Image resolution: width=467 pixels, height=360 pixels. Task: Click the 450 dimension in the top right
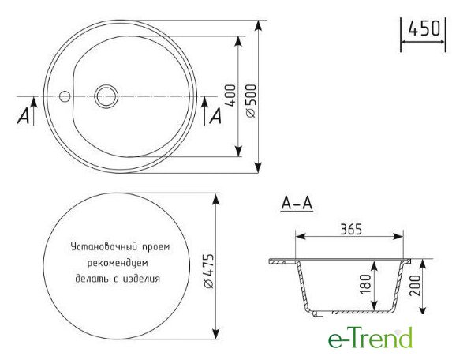click(424, 29)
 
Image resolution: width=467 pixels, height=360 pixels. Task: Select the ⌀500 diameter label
click(252, 101)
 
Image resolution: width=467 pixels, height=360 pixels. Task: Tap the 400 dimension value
click(231, 96)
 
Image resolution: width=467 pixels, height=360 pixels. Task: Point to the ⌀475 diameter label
click(209, 272)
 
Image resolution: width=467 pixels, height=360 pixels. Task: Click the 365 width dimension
click(351, 229)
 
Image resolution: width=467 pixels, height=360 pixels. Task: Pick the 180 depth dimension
click(365, 283)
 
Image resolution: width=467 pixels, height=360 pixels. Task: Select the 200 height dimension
click(415, 285)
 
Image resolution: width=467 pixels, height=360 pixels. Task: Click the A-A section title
click(297, 204)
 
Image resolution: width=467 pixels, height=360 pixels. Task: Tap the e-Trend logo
click(371, 338)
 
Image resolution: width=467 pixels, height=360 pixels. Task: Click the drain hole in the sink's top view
click(106, 96)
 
